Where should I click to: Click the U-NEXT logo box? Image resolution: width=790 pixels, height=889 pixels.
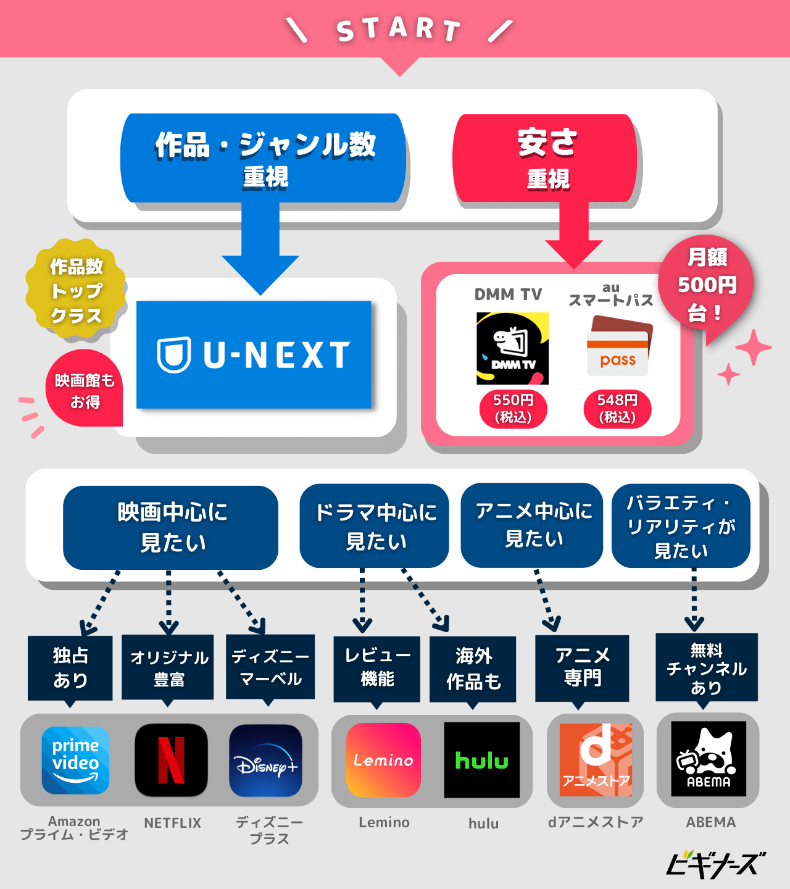254,354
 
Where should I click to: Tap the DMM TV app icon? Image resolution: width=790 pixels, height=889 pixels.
512,348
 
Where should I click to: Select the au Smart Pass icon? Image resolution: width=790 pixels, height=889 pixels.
618,346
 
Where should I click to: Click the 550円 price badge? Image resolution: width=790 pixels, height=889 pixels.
513,409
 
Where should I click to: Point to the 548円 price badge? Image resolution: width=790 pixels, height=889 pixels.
617,409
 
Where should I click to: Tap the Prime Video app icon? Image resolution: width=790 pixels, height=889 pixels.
75,760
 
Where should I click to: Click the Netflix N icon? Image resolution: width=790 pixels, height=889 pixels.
171,760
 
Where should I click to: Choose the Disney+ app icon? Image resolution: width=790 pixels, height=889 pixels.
265,761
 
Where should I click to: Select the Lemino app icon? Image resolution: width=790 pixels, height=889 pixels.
383,760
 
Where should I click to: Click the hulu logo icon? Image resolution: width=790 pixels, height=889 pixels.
482,760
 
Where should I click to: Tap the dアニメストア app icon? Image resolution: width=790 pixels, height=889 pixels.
596,760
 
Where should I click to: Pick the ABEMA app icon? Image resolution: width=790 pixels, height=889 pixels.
709,759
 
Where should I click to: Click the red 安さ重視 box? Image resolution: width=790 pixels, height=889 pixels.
546,158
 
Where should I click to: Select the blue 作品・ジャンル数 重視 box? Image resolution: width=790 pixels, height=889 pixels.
264,158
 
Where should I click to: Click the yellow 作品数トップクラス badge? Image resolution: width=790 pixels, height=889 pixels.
76,290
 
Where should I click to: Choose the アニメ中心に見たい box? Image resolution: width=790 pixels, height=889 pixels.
532,525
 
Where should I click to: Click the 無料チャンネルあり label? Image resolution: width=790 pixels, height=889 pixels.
706,667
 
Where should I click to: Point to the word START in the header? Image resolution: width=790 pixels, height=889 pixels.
399,29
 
